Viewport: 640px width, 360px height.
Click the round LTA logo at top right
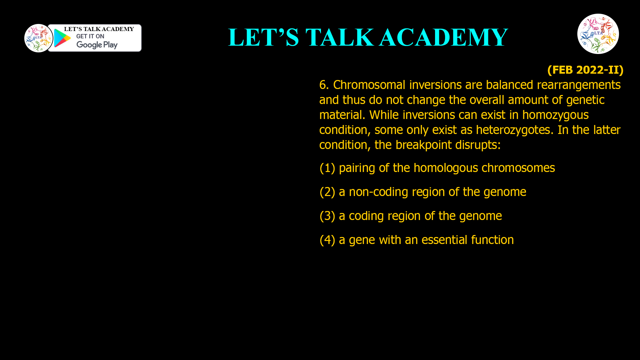click(598, 34)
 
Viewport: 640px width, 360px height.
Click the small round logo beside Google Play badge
click(38, 38)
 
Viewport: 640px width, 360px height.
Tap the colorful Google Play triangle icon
click(62, 38)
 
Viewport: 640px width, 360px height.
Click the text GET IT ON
click(90, 36)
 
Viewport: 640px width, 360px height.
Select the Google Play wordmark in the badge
click(97, 45)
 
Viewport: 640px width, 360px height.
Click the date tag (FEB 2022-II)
click(585, 70)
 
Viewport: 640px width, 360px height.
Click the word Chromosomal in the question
click(369, 85)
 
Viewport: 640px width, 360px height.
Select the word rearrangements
click(579, 85)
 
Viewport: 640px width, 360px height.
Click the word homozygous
click(555, 115)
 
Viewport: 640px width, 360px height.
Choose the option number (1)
click(327, 168)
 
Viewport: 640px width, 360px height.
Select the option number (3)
click(327, 216)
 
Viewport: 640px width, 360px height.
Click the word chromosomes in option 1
click(518, 168)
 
